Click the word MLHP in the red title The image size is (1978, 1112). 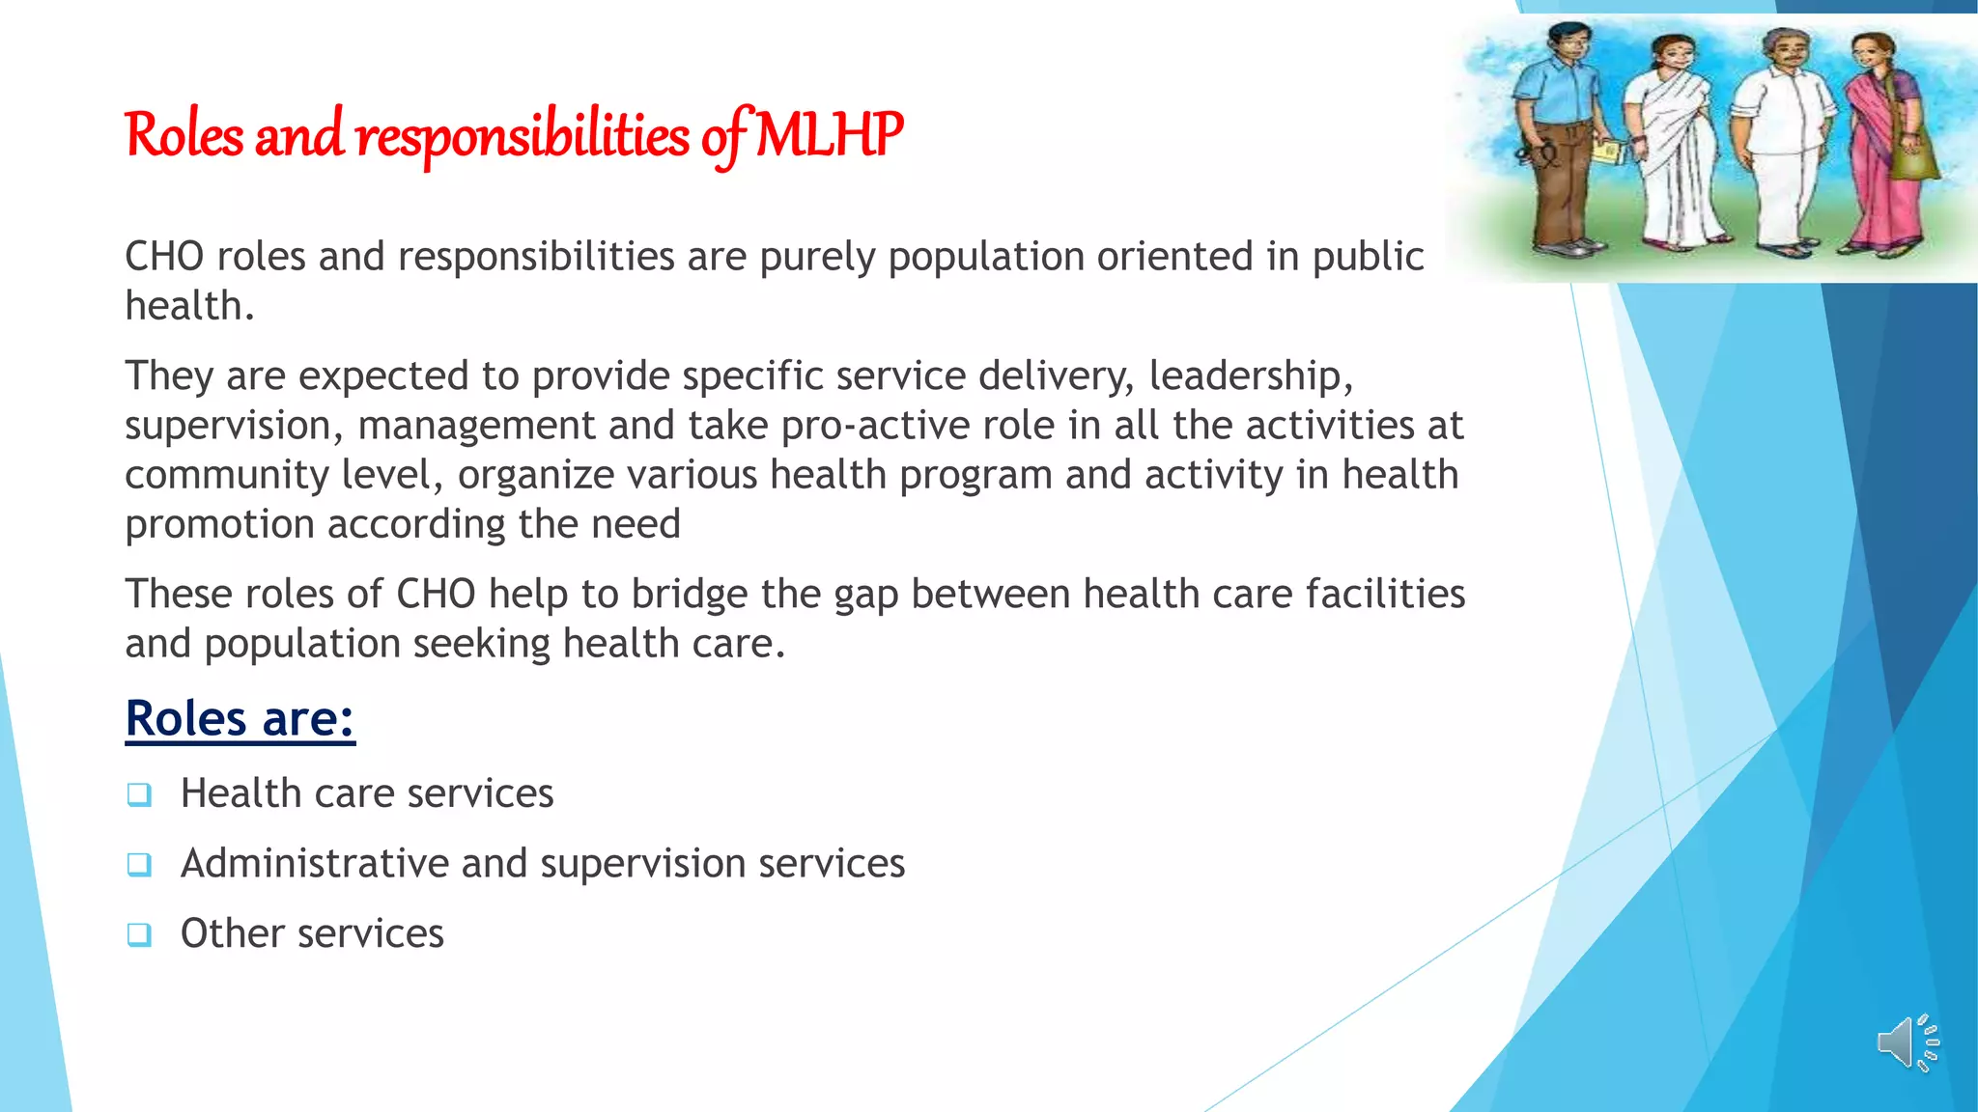(x=829, y=135)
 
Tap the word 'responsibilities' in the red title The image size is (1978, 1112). (x=522, y=135)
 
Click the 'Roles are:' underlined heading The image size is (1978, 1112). (x=240, y=718)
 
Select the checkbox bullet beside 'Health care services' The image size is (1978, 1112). (x=139, y=794)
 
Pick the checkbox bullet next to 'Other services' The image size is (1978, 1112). (x=139, y=934)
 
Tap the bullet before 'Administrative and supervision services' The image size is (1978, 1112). (x=139, y=864)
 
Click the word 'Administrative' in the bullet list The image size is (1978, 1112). (x=314, y=863)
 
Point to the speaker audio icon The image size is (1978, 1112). (x=1907, y=1043)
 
